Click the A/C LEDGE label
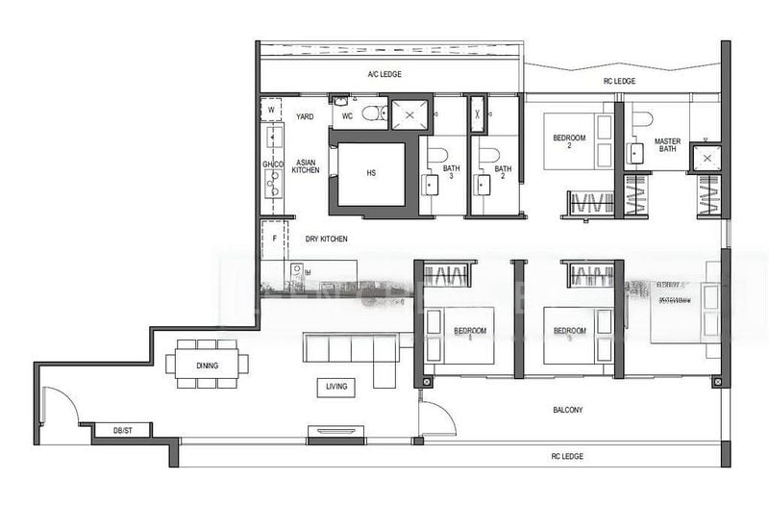click(384, 75)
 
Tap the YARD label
click(305, 116)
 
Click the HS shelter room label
click(371, 174)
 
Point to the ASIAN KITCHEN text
click(306, 165)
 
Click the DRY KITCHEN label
click(327, 239)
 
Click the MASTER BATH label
click(668, 146)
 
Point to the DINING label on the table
click(206, 366)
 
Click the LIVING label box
click(335, 387)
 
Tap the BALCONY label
click(566, 410)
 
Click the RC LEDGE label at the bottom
click(566, 456)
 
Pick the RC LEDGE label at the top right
click(620, 82)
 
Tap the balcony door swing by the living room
click(434, 418)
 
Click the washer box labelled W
click(271, 111)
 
